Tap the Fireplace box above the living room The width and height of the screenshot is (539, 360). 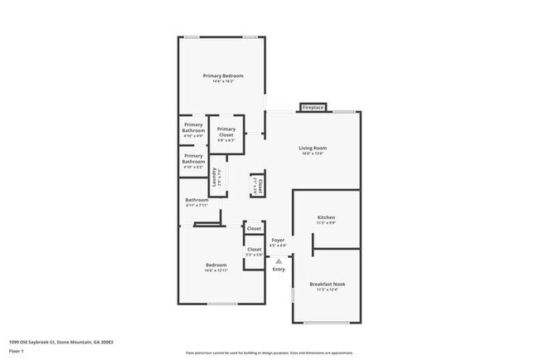tap(313, 108)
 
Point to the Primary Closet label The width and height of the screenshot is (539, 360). tap(226, 131)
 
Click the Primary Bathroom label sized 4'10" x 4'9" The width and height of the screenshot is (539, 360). tap(193, 128)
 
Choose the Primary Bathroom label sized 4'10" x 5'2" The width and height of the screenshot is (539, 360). tap(193, 158)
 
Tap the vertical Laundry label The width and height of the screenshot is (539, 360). tap(214, 178)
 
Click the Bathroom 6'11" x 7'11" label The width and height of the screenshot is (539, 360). tap(197, 200)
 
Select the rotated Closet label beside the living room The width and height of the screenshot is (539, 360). tap(260, 185)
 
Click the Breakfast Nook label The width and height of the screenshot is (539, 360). tap(327, 284)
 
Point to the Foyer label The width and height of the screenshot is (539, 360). tap(279, 240)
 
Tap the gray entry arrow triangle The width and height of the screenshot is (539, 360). tap(279, 260)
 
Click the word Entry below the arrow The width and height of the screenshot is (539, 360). tap(279, 268)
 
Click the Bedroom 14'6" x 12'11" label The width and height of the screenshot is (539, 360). tap(216, 265)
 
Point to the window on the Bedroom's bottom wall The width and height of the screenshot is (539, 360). tap(221, 304)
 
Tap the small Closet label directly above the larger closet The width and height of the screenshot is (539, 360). tap(254, 228)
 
